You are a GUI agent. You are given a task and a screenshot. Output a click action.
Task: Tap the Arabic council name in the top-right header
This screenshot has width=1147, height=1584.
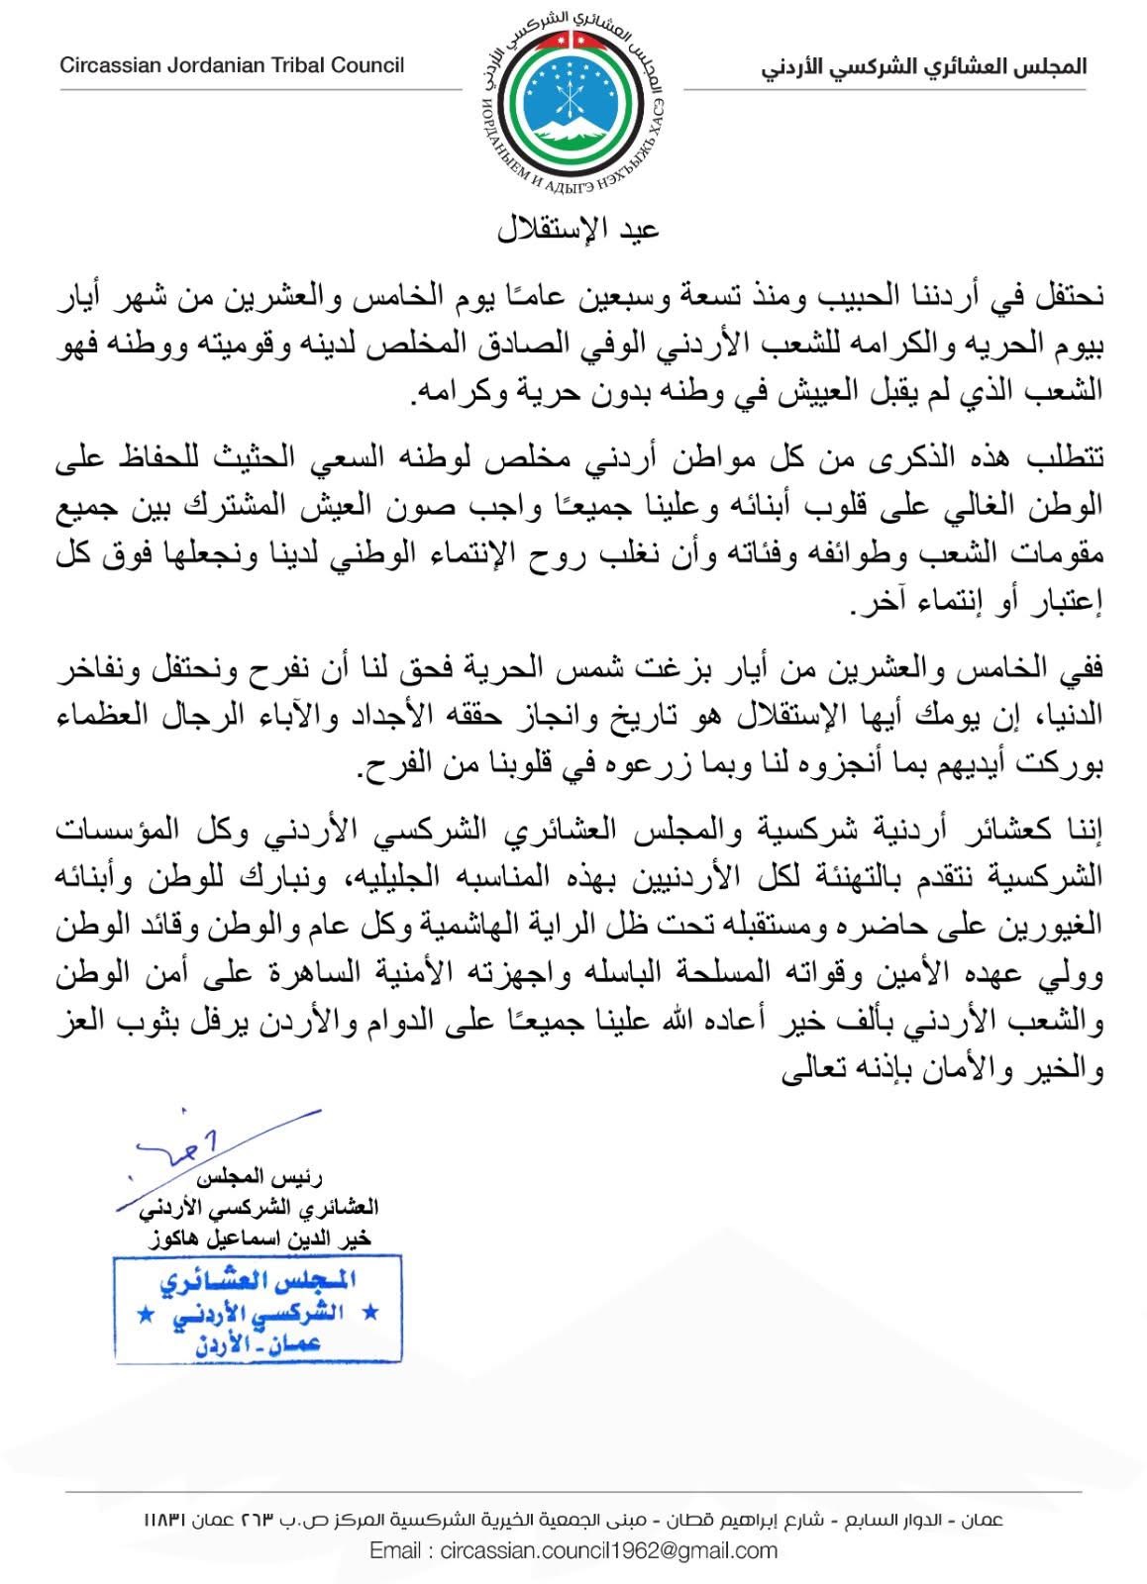(x=924, y=67)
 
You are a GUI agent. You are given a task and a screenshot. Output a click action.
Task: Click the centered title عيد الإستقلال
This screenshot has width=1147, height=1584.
(x=577, y=229)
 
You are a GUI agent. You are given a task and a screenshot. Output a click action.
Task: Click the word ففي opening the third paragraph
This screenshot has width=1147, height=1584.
(x=1083, y=667)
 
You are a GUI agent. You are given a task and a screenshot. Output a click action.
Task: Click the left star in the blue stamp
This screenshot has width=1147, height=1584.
(x=145, y=1313)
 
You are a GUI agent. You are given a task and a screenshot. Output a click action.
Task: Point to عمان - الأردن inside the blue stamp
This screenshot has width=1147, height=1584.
(x=254, y=1343)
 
